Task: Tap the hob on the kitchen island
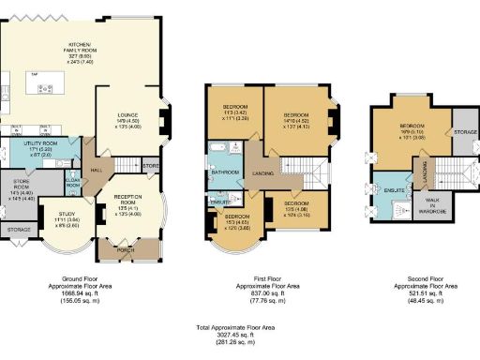[44, 88]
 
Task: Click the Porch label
[127, 249]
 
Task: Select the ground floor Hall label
[97, 170]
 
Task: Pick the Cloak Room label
[71, 185]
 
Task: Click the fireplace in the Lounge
[165, 119]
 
